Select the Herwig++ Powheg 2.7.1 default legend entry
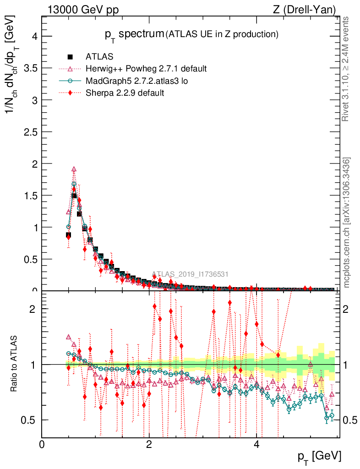pos(146,69)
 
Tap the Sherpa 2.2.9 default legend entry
pos(125,93)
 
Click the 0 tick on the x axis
pos(42,445)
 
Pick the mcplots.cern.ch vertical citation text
pos(347,222)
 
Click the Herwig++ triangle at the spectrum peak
pos(74,169)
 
